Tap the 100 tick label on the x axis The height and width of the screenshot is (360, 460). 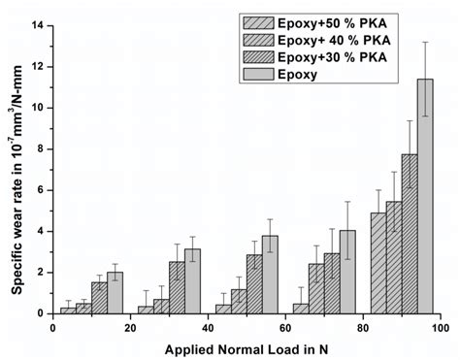coord(440,327)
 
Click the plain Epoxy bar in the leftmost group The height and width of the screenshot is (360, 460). coord(115,293)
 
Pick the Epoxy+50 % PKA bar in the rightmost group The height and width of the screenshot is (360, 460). coord(378,263)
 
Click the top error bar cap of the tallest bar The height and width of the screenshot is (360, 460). coord(424,42)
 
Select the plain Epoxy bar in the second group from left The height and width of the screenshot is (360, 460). coord(192,281)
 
